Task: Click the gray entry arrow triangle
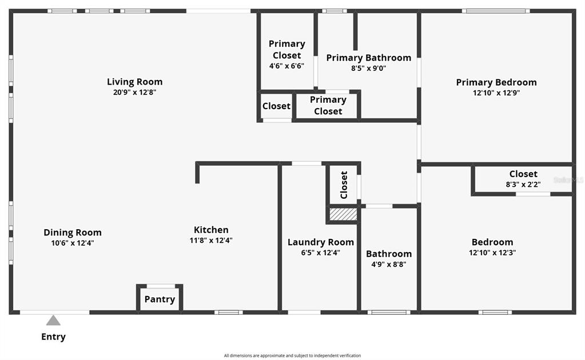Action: tap(53, 321)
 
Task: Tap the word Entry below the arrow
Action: tap(53, 337)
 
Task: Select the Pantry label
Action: tap(160, 299)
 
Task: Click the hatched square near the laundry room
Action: tap(343, 214)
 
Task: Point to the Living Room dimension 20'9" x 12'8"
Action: tap(135, 93)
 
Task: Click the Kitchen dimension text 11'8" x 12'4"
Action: tap(211, 241)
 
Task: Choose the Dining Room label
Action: tap(73, 233)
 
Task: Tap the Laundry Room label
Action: tap(321, 242)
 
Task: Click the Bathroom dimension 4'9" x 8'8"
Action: tap(389, 265)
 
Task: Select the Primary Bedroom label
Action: tap(496, 82)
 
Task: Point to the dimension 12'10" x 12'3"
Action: tap(492, 253)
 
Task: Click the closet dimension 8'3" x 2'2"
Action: tap(523, 185)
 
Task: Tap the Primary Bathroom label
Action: tap(369, 58)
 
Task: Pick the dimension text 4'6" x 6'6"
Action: tap(287, 66)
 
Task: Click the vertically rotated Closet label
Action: tap(344, 185)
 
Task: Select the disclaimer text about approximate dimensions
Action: tap(293, 355)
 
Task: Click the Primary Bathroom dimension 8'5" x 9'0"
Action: tap(369, 68)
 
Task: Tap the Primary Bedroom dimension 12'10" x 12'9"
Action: tap(496, 93)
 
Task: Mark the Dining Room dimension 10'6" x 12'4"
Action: tap(73, 243)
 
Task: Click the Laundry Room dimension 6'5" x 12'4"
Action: tap(321, 253)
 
